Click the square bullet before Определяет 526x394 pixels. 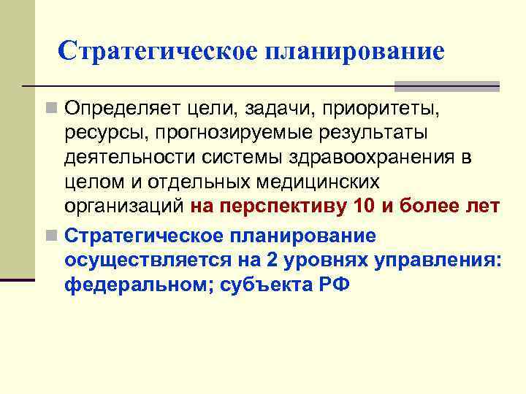pyautogui.click(x=50, y=109)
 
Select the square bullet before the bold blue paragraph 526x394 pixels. pyautogui.click(x=50, y=236)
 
